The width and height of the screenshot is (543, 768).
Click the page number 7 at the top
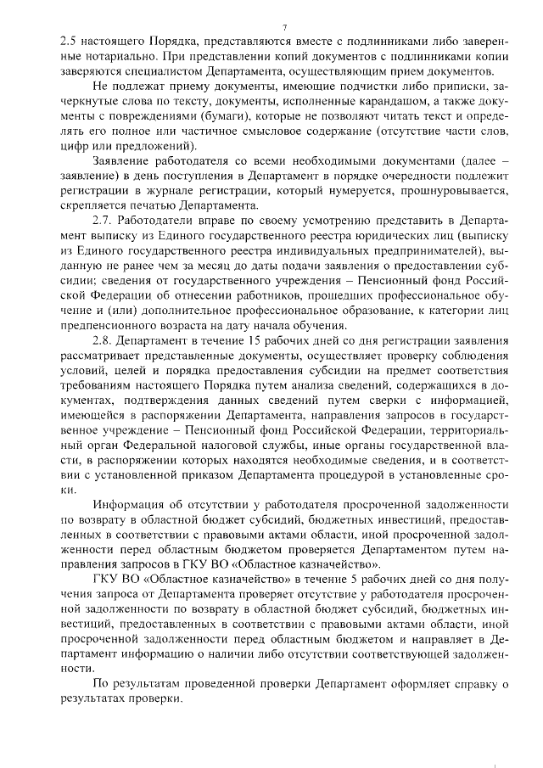pos(285,28)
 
